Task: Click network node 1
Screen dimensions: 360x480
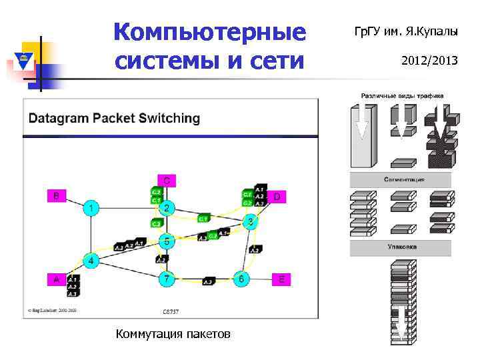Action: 91,209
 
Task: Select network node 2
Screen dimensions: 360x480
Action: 167,209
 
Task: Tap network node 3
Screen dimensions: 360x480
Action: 250,221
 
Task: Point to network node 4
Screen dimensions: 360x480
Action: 91,259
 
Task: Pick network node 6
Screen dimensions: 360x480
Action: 241,279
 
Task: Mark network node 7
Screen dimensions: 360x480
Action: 167,279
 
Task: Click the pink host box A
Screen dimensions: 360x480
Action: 55,279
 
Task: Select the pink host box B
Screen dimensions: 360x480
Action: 56,196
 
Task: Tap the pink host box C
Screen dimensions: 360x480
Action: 167,180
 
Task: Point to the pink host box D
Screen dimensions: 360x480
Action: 277,197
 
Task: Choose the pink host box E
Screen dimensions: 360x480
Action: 281,279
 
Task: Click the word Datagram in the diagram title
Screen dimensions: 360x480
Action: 59,119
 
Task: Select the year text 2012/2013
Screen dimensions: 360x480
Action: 429,61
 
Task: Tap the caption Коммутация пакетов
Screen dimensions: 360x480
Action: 173,333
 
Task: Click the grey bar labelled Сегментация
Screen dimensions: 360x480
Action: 401,180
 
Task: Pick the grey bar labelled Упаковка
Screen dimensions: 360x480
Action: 401,247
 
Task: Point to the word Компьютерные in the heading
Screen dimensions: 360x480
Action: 209,31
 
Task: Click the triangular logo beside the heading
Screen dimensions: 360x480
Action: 25,62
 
